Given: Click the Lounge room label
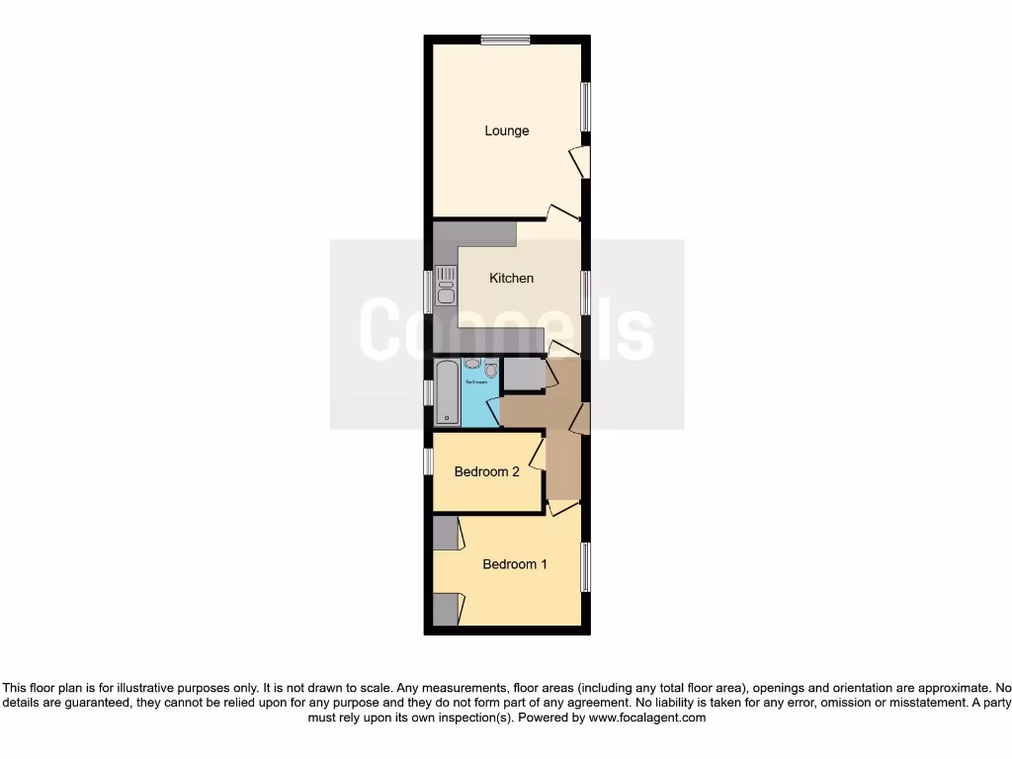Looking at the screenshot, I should coord(506,130).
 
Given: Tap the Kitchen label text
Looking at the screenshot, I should coord(511,278).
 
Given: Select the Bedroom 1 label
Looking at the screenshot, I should coord(514,564).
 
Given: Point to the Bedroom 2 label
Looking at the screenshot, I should coord(486,471).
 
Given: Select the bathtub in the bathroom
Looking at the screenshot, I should coord(447,392).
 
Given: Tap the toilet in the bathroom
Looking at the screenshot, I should coord(490,371).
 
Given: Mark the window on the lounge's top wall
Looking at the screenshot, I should coord(506,40).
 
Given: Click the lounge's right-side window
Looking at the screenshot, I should coord(585,106).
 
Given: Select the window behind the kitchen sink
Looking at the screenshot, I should coord(429,292).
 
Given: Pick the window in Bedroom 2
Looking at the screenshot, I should coord(429,461).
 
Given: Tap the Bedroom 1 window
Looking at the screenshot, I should coord(585,567).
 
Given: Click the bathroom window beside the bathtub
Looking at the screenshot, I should coord(429,392).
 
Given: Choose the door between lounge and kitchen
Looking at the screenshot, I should coord(564,213).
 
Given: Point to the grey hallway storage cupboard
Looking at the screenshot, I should coord(523,375).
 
